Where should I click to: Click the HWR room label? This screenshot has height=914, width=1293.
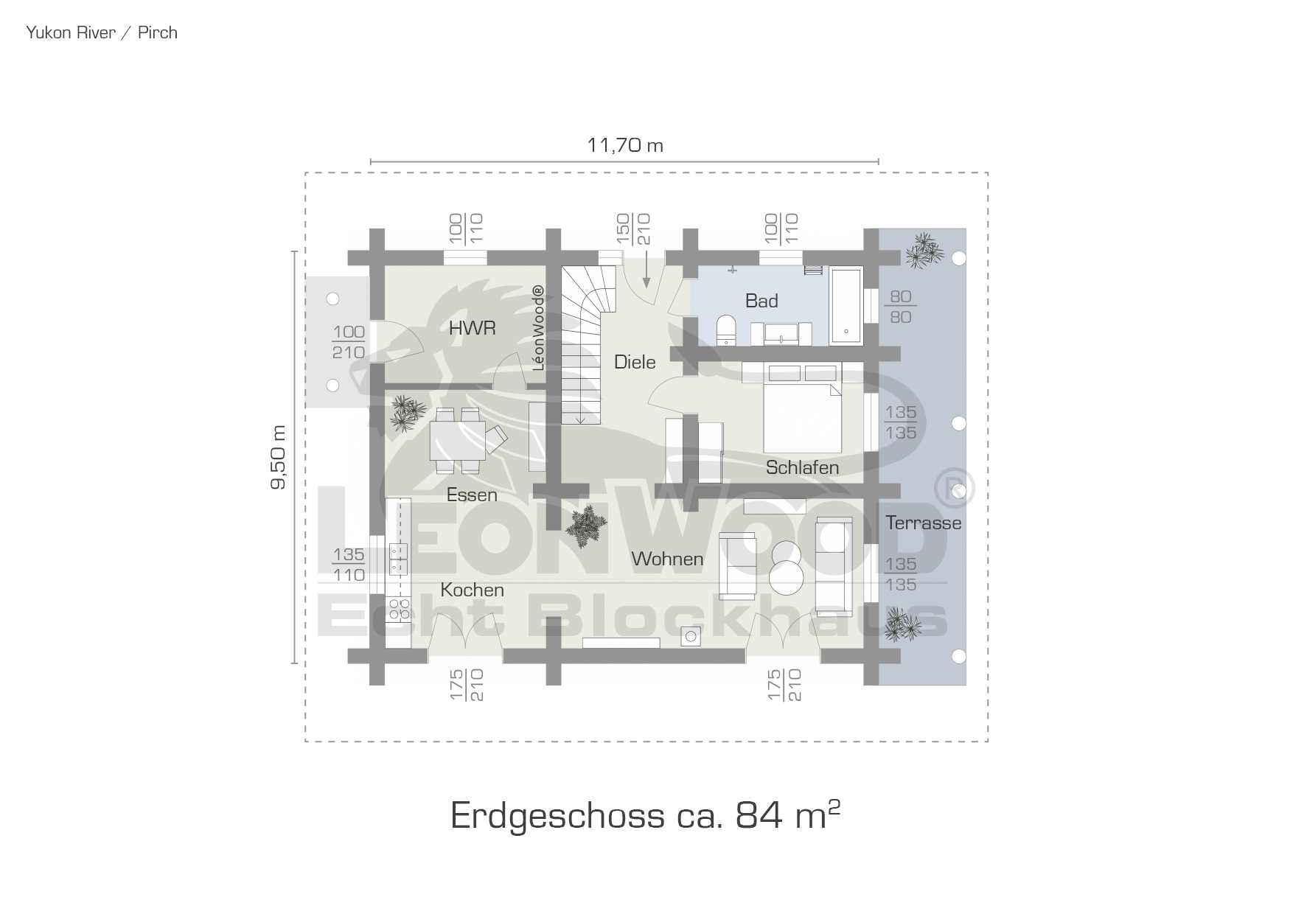pyautogui.click(x=472, y=328)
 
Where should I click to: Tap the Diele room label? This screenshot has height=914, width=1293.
pyautogui.click(x=635, y=362)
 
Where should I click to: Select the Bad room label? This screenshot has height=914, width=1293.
pyautogui.click(x=761, y=301)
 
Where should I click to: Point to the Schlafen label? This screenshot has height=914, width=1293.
pyautogui.click(x=802, y=467)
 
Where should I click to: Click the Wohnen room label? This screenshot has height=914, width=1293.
pyautogui.click(x=667, y=559)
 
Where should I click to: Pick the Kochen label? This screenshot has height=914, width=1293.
pyautogui.click(x=472, y=590)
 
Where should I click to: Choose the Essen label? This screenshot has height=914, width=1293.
pyautogui.click(x=472, y=495)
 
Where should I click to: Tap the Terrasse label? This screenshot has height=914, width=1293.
pyautogui.click(x=923, y=523)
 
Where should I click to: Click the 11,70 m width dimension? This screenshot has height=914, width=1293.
pyautogui.click(x=625, y=145)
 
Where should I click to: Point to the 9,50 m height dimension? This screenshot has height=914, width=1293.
pyautogui.click(x=279, y=457)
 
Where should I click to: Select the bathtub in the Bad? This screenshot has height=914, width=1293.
pyautogui.click(x=846, y=306)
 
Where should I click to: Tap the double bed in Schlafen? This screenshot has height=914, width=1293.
pyautogui.click(x=803, y=416)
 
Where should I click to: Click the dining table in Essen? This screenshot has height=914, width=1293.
pyautogui.click(x=458, y=440)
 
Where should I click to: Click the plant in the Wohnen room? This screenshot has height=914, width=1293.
pyautogui.click(x=587, y=527)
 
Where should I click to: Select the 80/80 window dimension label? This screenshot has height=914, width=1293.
pyautogui.click(x=900, y=307)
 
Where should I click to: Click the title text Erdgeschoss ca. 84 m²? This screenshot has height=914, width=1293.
pyautogui.click(x=645, y=814)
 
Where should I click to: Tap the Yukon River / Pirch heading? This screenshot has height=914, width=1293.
pyautogui.click(x=102, y=32)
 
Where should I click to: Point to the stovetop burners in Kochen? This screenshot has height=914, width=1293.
pyautogui.click(x=399, y=609)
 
